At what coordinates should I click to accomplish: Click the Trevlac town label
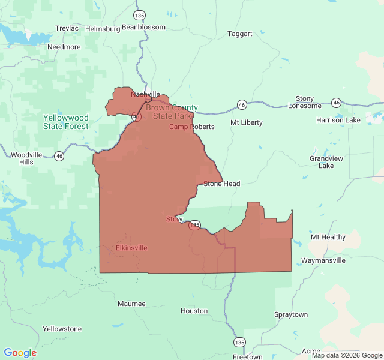coord(66,28)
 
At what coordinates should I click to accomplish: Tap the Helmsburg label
coord(103,28)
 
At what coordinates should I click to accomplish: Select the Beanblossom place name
coord(143,27)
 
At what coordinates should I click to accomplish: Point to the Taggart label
coord(240,34)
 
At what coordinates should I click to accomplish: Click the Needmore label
coord(64,47)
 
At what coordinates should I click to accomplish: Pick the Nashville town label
coord(145,94)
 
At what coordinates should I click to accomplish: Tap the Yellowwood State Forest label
coord(66,122)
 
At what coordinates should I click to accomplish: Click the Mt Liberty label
coord(247,122)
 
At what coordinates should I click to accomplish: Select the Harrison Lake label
coord(338,120)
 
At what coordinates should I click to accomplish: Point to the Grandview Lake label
coord(326,162)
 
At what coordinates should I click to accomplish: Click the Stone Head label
coord(221,184)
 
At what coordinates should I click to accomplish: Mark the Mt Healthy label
coord(328,237)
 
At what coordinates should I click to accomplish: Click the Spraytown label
coord(291,314)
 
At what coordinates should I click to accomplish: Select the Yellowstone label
coord(62,329)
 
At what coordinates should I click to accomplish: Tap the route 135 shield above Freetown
coord(239,342)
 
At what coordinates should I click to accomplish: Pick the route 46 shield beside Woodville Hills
coord(59,156)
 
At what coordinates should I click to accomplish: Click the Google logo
coord(20,353)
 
